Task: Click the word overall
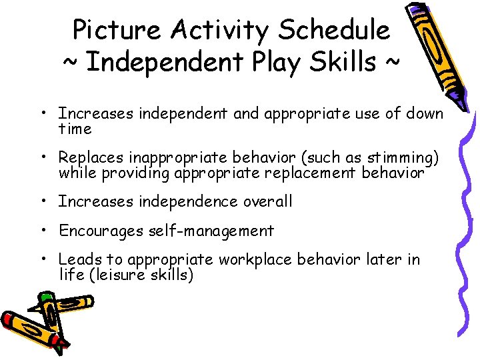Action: tap(267, 201)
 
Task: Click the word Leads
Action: tap(77, 260)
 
